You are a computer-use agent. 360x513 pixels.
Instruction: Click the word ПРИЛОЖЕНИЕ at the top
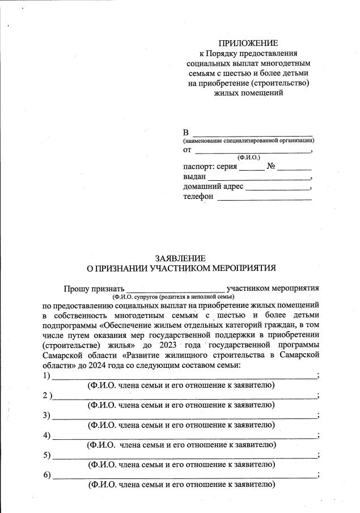[248, 43]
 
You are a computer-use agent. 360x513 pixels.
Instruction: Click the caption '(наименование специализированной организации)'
[248, 140]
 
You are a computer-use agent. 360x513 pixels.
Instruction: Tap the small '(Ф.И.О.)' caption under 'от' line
[248, 157]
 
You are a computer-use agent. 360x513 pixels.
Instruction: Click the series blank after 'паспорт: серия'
[251, 168]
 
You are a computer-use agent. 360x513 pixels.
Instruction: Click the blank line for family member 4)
[184, 436]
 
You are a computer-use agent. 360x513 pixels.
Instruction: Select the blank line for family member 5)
[184, 456]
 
